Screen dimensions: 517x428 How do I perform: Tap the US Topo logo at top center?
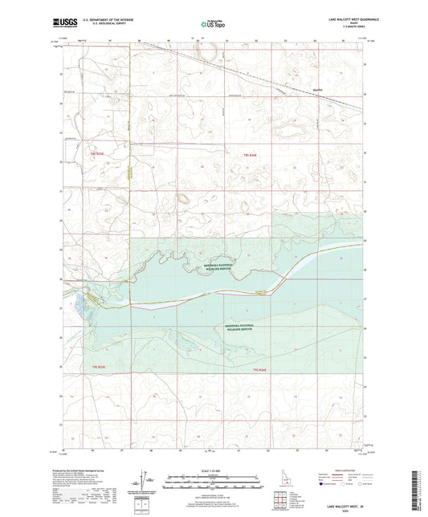click(212, 25)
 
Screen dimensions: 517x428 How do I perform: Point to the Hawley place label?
click(318, 89)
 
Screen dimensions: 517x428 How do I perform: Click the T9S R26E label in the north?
click(251, 153)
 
